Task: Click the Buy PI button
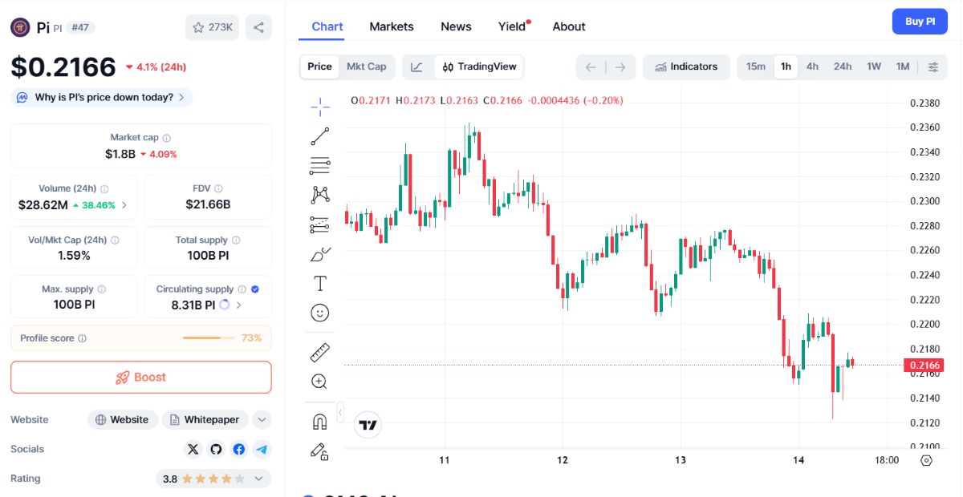920,22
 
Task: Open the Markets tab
392,26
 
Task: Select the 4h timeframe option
812,67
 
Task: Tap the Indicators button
686,67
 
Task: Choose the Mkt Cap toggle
366,67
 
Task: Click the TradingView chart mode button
479,67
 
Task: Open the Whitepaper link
205,420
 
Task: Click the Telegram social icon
262,450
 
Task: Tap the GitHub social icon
216,450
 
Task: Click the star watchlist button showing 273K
213,27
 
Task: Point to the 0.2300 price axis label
924,201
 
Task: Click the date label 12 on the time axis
563,460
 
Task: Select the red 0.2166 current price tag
924,365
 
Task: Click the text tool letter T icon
320,284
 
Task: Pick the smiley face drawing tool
320,313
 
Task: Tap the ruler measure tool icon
320,353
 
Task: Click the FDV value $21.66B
208,204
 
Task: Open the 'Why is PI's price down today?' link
103,98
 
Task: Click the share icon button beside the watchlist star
258,27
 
